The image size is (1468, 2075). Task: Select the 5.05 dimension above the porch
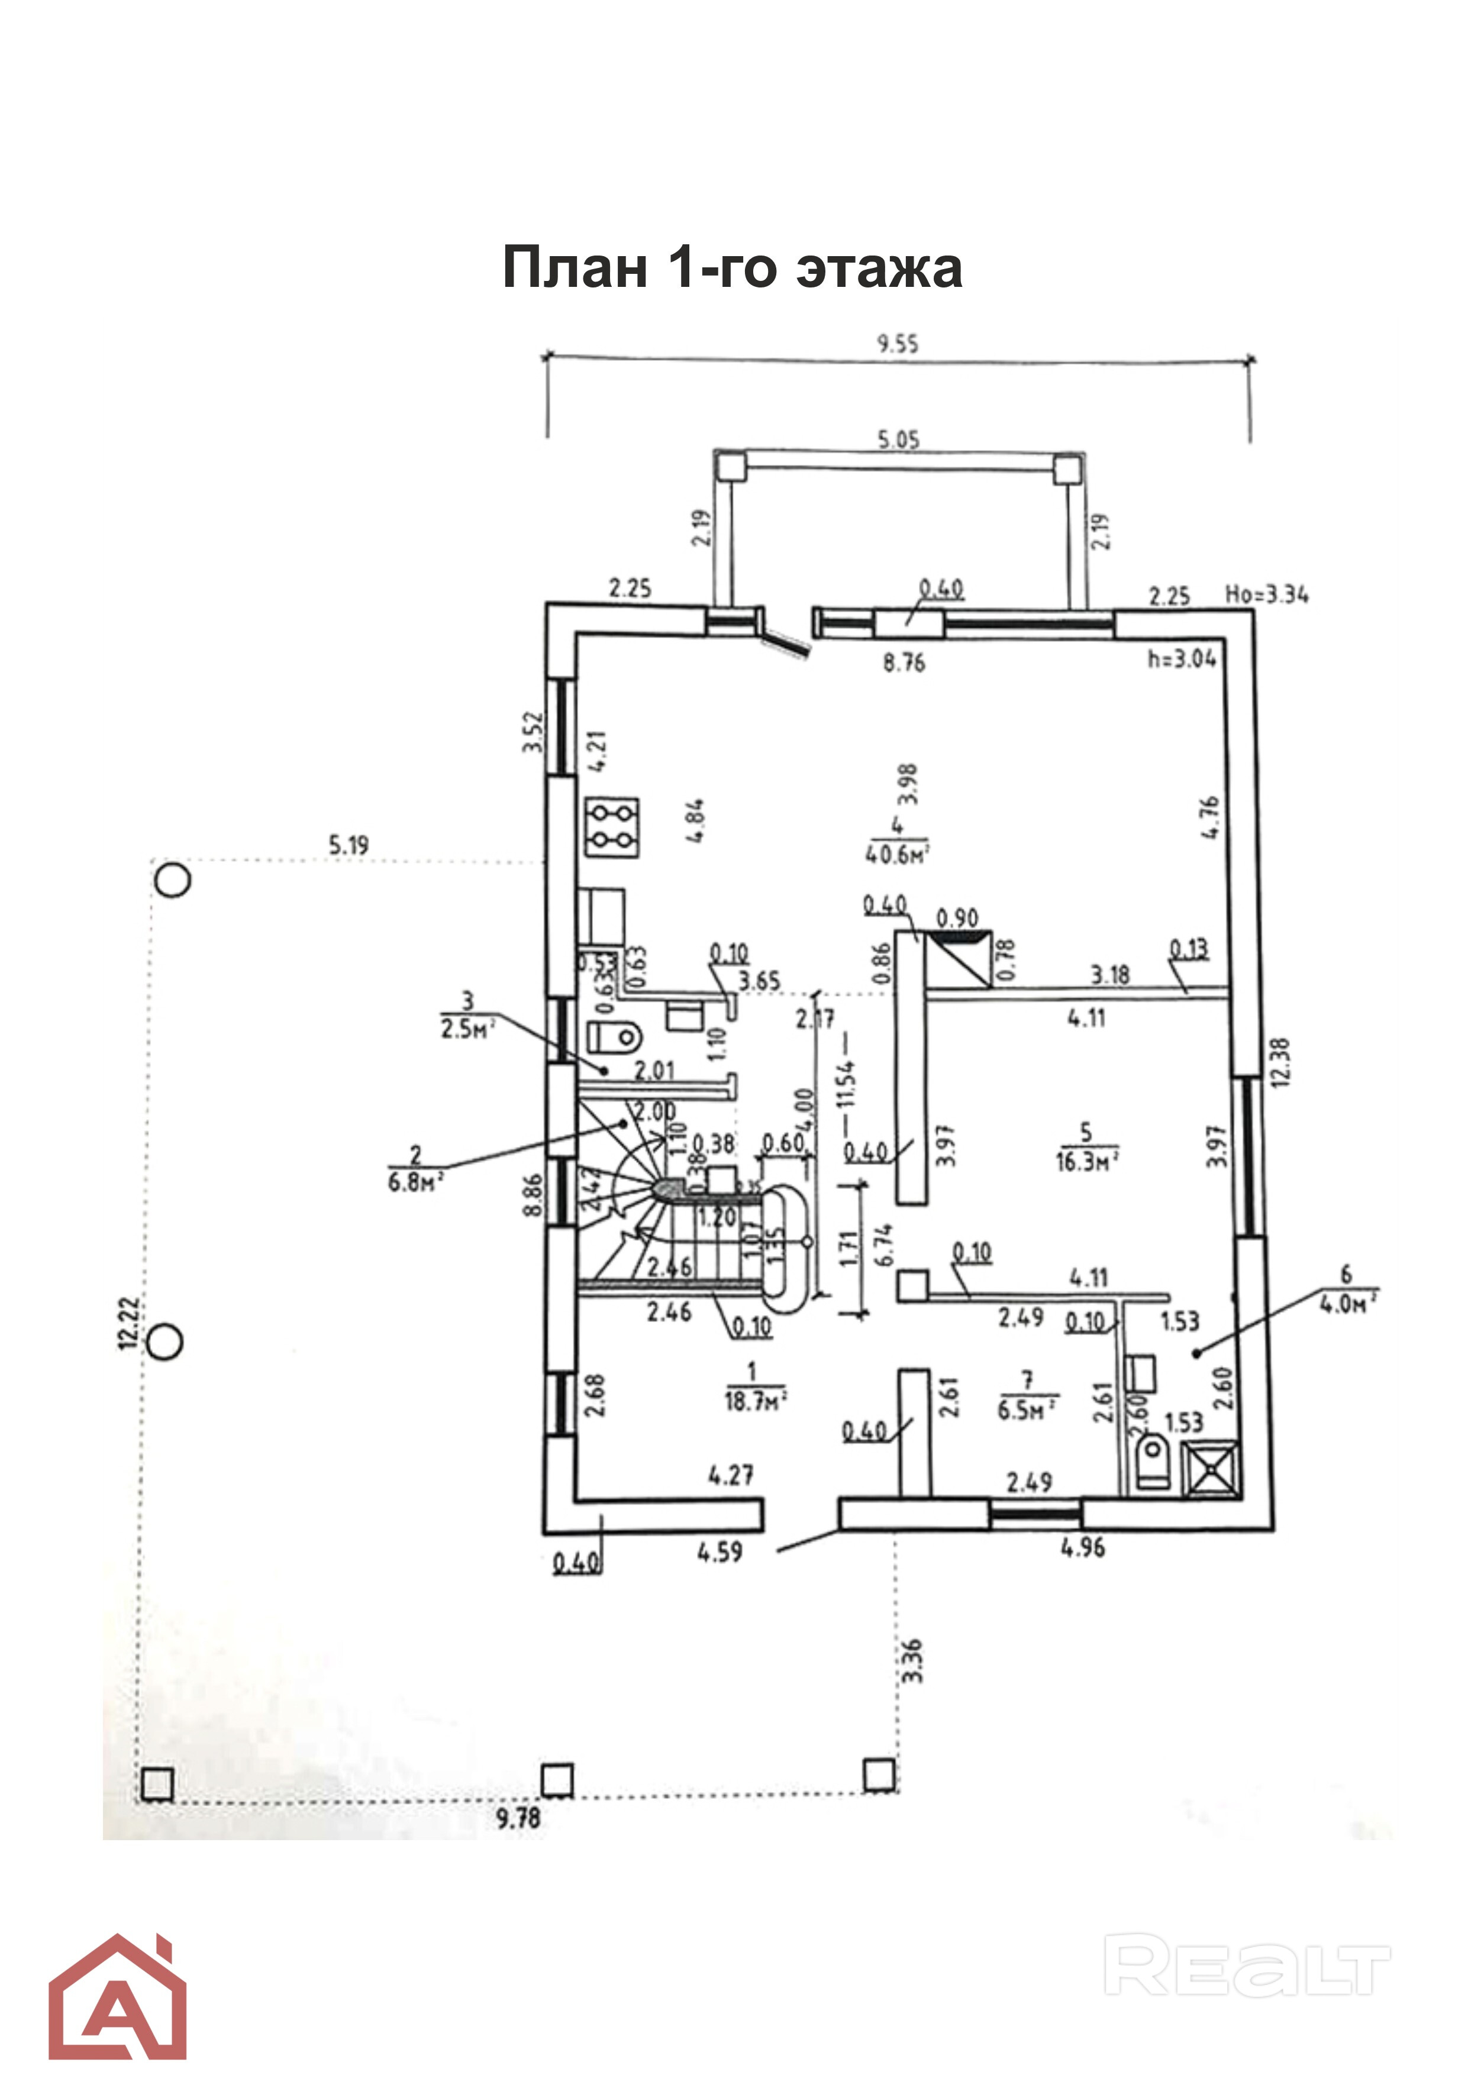[x=898, y=440]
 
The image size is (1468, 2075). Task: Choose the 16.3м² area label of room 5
[x=1086, y=1161]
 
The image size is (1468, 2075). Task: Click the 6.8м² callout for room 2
[x=415, y=1181]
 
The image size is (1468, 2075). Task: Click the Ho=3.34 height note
[x=1266, y=594]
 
